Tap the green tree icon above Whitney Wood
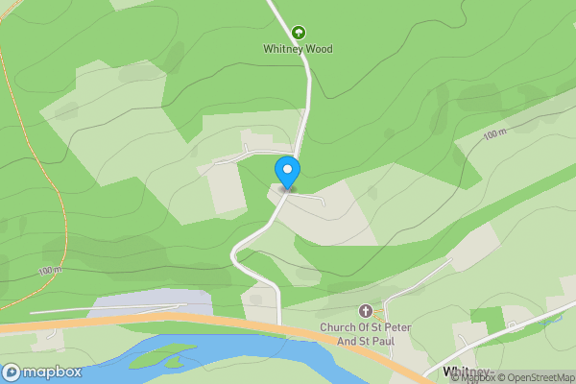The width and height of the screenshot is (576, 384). point(298,32)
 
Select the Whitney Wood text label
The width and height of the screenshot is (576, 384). point(298,49)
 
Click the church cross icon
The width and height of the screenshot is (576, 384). point(365,311)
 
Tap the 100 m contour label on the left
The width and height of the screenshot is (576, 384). point(51,271)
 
